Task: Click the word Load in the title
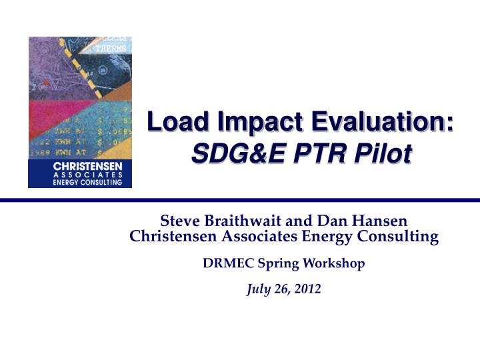(x=171, y=123)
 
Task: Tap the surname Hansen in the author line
(x=383, y=220)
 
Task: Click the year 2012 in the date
(x=309, y=289)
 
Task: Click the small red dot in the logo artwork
(x=46, y=83)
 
